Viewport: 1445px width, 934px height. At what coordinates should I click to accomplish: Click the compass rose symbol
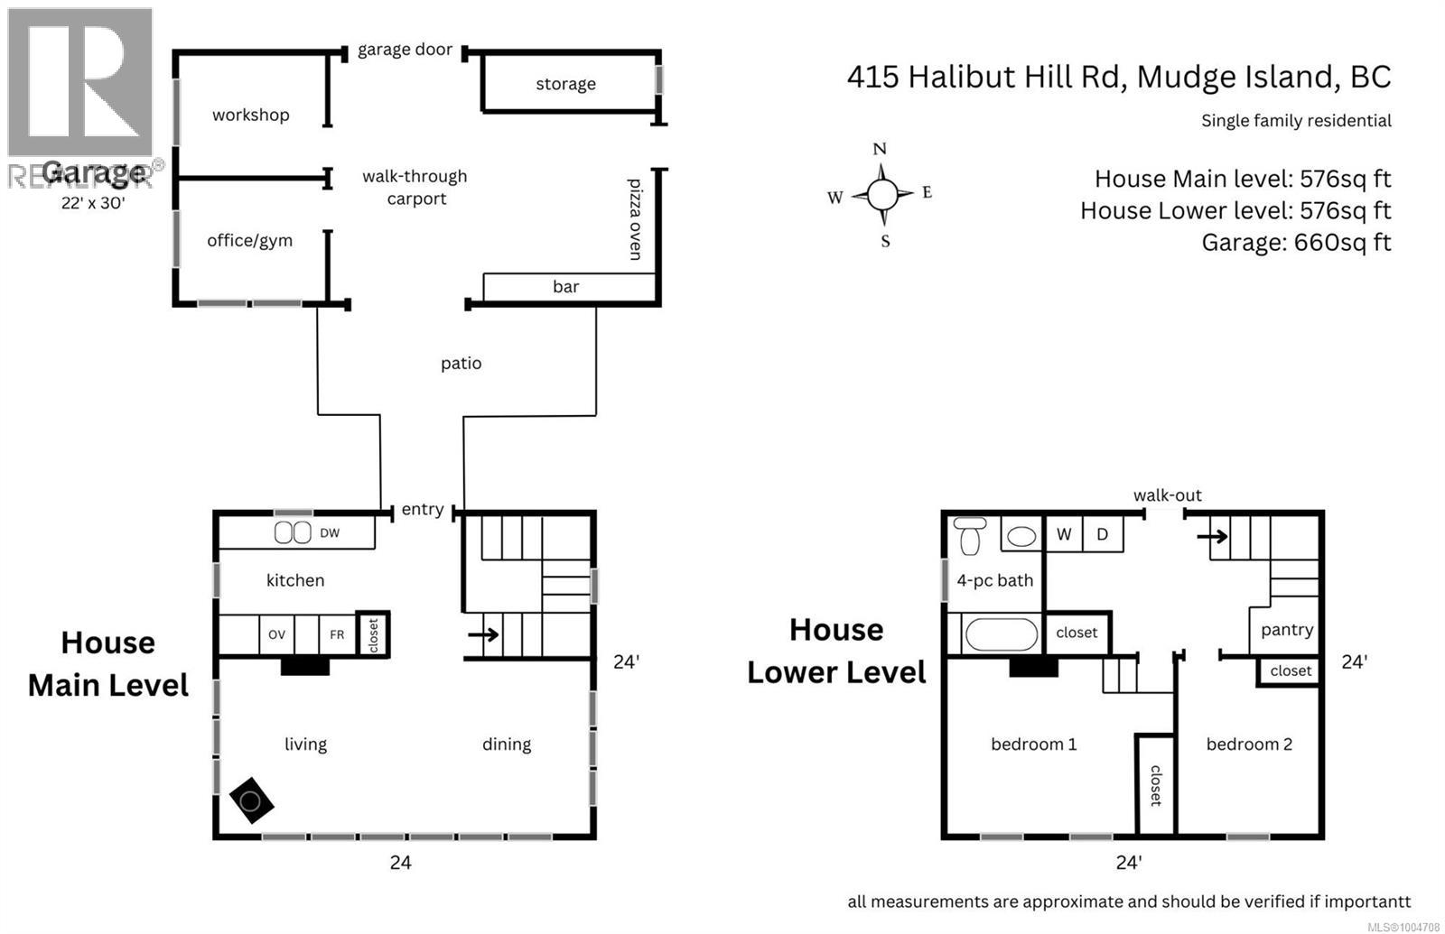(x=882, y=193)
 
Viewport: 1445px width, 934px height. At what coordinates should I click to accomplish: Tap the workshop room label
(x=250, y=115)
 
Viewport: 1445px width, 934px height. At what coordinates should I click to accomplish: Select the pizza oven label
(x=635, y=219)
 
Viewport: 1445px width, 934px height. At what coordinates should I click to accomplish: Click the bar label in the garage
(x=565, y=287)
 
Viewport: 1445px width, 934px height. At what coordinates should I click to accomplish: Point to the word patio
(x=461, y=364)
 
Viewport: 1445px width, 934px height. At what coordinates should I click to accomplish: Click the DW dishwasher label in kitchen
(x=330, y=533)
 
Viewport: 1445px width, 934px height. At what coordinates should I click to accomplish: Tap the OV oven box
(x=277, y=634)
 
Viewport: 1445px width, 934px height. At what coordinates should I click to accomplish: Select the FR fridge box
(x=337, y=634)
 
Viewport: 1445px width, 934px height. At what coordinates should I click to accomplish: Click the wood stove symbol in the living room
(x=251, y=800)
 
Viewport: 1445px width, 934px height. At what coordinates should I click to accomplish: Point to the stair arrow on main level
(x=484, y=634)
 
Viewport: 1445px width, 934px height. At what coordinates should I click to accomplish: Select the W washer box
(x=1064, y=534)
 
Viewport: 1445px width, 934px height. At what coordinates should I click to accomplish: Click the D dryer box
(x=1102, y=534)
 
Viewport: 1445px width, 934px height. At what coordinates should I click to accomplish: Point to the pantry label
(x=1287, y=630)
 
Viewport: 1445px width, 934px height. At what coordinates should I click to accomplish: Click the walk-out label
(x=1168, y=495)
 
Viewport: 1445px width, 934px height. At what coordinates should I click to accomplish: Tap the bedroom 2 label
(x=1249, y=744)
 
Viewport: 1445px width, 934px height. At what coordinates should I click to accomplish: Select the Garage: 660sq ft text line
(x=1296, y=242)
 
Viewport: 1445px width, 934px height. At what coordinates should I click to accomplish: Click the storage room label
(x=565, y=84)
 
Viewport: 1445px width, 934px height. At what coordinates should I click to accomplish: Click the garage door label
(x=405, y=50)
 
